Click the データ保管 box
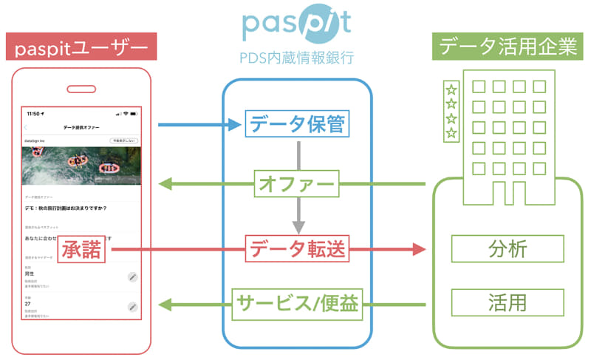click(x=296, y=125)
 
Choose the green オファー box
click(x=296, y=183)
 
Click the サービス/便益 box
click(x=296, y=304)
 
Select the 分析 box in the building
click(x=508, y=250)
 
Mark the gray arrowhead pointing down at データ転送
click(x=296, y=227)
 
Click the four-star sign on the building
click(x=451, y=111)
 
